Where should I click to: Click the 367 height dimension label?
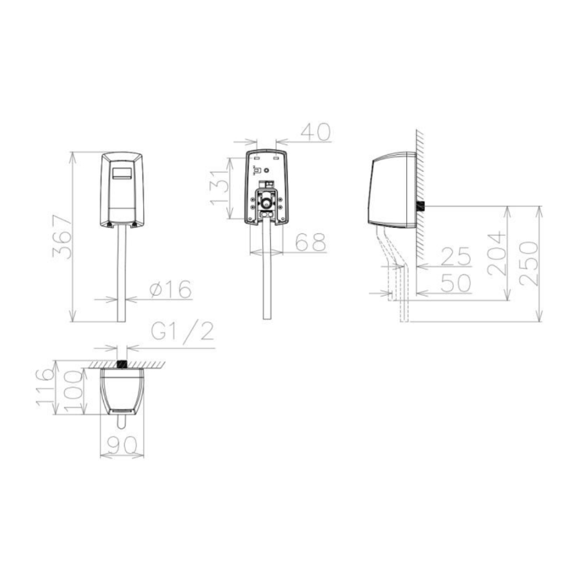point(62,237)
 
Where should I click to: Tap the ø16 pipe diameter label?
point(171,289)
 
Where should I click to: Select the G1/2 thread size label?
point(183,332)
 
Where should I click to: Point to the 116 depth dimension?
point(45,387)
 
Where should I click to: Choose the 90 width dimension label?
point(122,446)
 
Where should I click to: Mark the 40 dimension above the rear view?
point(315,132)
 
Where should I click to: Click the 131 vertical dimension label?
point(219,188)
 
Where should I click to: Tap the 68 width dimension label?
point(311,242)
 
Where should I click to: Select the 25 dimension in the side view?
point(456,257)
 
